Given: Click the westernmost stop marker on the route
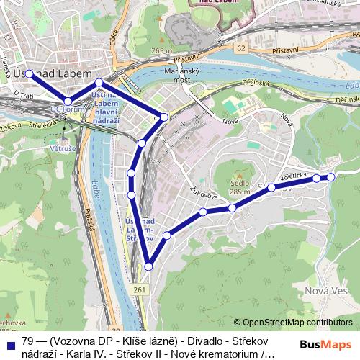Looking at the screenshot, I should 30,73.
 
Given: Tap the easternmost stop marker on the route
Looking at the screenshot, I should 331,176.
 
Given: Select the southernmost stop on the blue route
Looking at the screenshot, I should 149,267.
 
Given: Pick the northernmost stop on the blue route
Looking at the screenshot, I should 30,73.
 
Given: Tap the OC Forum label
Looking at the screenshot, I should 63,110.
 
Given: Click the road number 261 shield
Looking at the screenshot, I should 140,288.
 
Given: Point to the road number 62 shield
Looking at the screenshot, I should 240,48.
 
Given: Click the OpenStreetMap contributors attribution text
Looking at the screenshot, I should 297,322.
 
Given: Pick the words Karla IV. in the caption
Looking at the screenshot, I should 86,354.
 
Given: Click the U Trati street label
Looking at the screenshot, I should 25,96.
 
